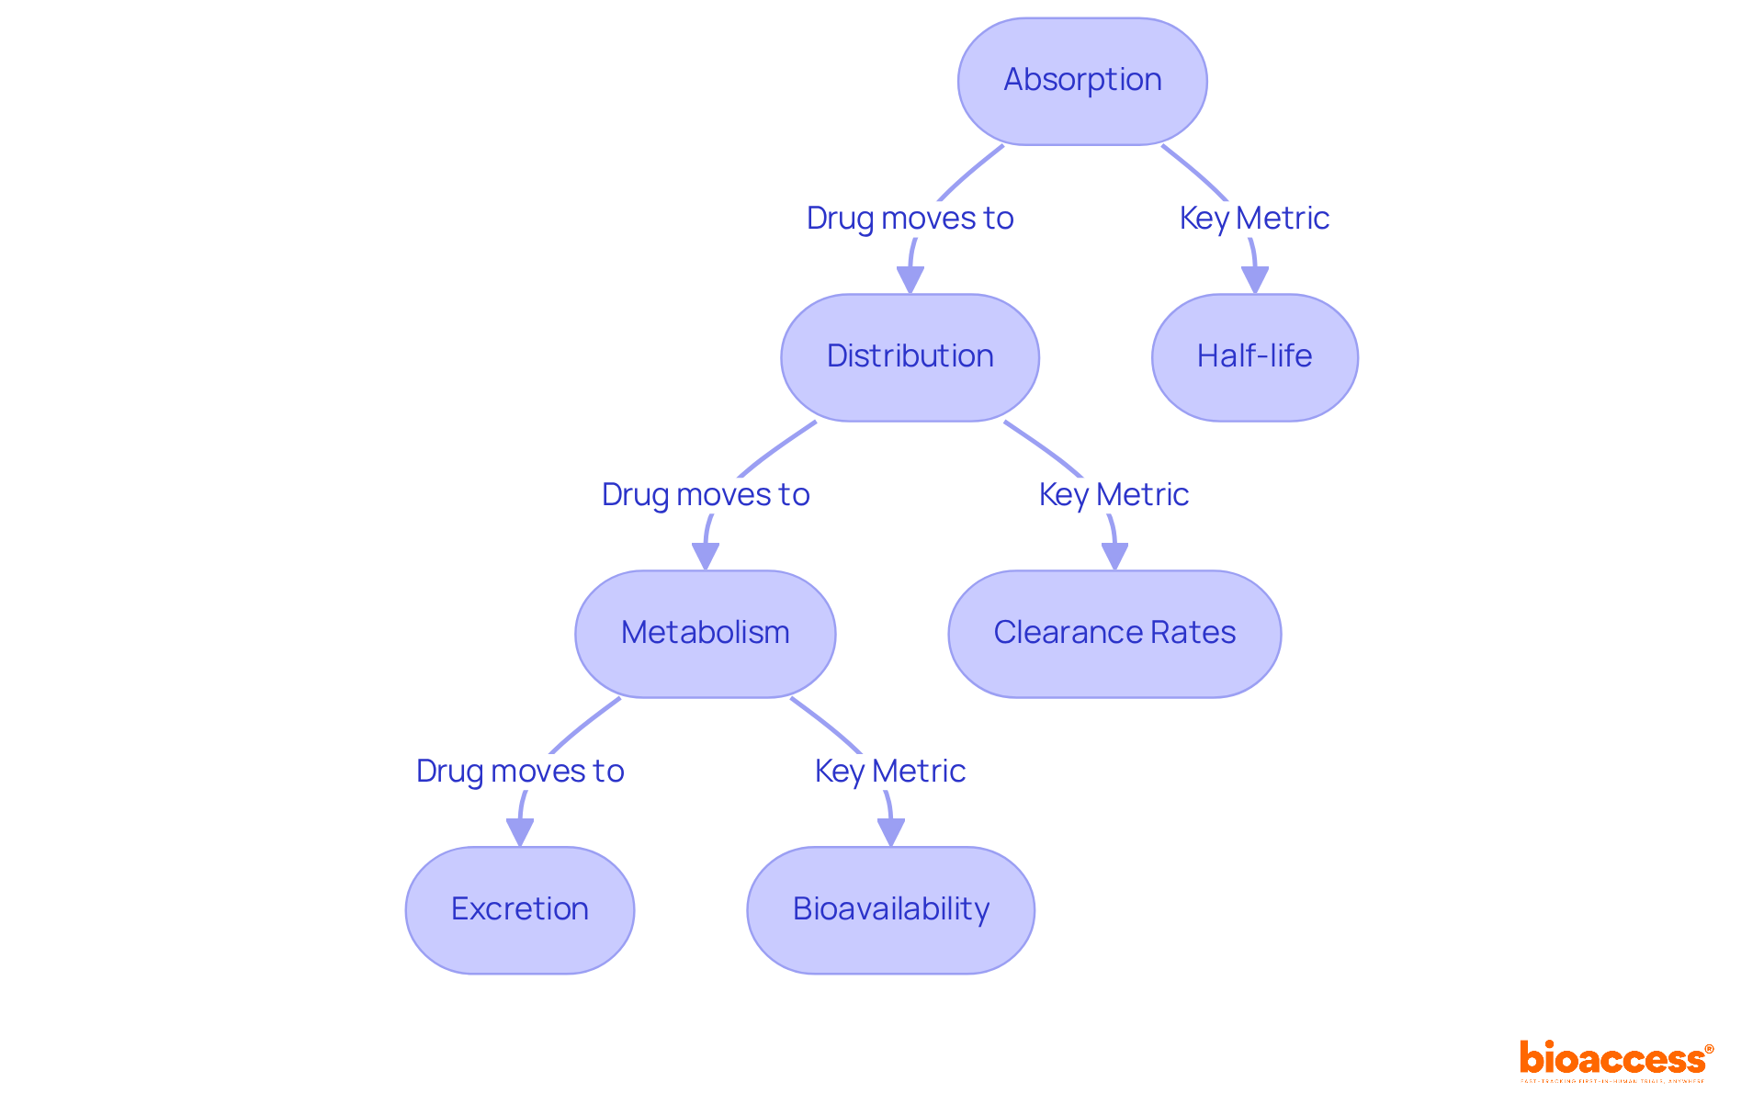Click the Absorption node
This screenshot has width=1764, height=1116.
1082,81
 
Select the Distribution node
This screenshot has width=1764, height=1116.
910,357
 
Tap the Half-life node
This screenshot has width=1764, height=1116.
1254,357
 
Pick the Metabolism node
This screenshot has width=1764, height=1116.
705,634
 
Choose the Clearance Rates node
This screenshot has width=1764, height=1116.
1114,634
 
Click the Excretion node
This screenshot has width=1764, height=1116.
519,910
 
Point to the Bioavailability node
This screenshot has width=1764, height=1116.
890,910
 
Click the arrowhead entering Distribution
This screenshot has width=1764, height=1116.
910,280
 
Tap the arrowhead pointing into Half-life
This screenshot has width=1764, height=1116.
1254,280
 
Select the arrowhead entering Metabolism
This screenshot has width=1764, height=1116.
705,557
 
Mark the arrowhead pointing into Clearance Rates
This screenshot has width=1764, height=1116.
1114,557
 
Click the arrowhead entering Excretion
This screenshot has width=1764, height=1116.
519,833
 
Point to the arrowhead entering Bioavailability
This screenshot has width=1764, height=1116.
890,833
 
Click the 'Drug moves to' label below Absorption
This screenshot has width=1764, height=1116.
910,219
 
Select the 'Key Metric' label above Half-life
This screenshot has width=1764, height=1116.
1254,219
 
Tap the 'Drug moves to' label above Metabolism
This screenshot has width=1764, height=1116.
705,495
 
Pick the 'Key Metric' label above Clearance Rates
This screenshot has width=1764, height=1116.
1114,495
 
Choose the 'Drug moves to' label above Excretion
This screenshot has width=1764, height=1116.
519,772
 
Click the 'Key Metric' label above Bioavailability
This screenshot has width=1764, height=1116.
889,772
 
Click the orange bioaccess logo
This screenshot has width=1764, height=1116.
1615,1060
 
